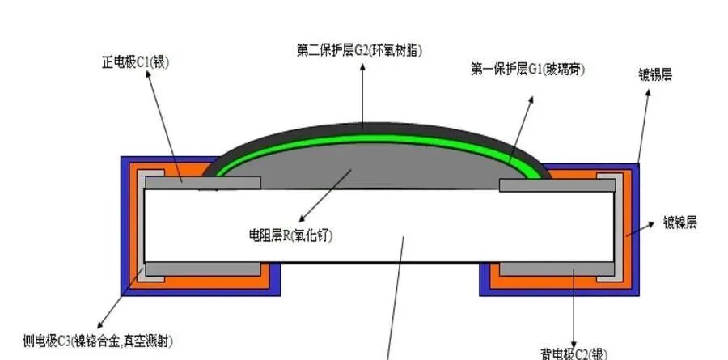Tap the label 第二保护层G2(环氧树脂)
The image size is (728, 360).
[x=360, y=50]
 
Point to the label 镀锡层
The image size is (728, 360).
[x=655, y=74]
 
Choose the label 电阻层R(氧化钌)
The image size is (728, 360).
[x=290, y=235]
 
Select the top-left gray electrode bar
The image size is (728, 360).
[x=202, y=184]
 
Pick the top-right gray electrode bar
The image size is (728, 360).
[x=558, y=185]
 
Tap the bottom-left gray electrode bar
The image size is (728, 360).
[x=202, y=269]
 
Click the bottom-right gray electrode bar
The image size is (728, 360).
[x=558, y=269]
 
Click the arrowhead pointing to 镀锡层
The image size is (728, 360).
[x=648, y=91]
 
